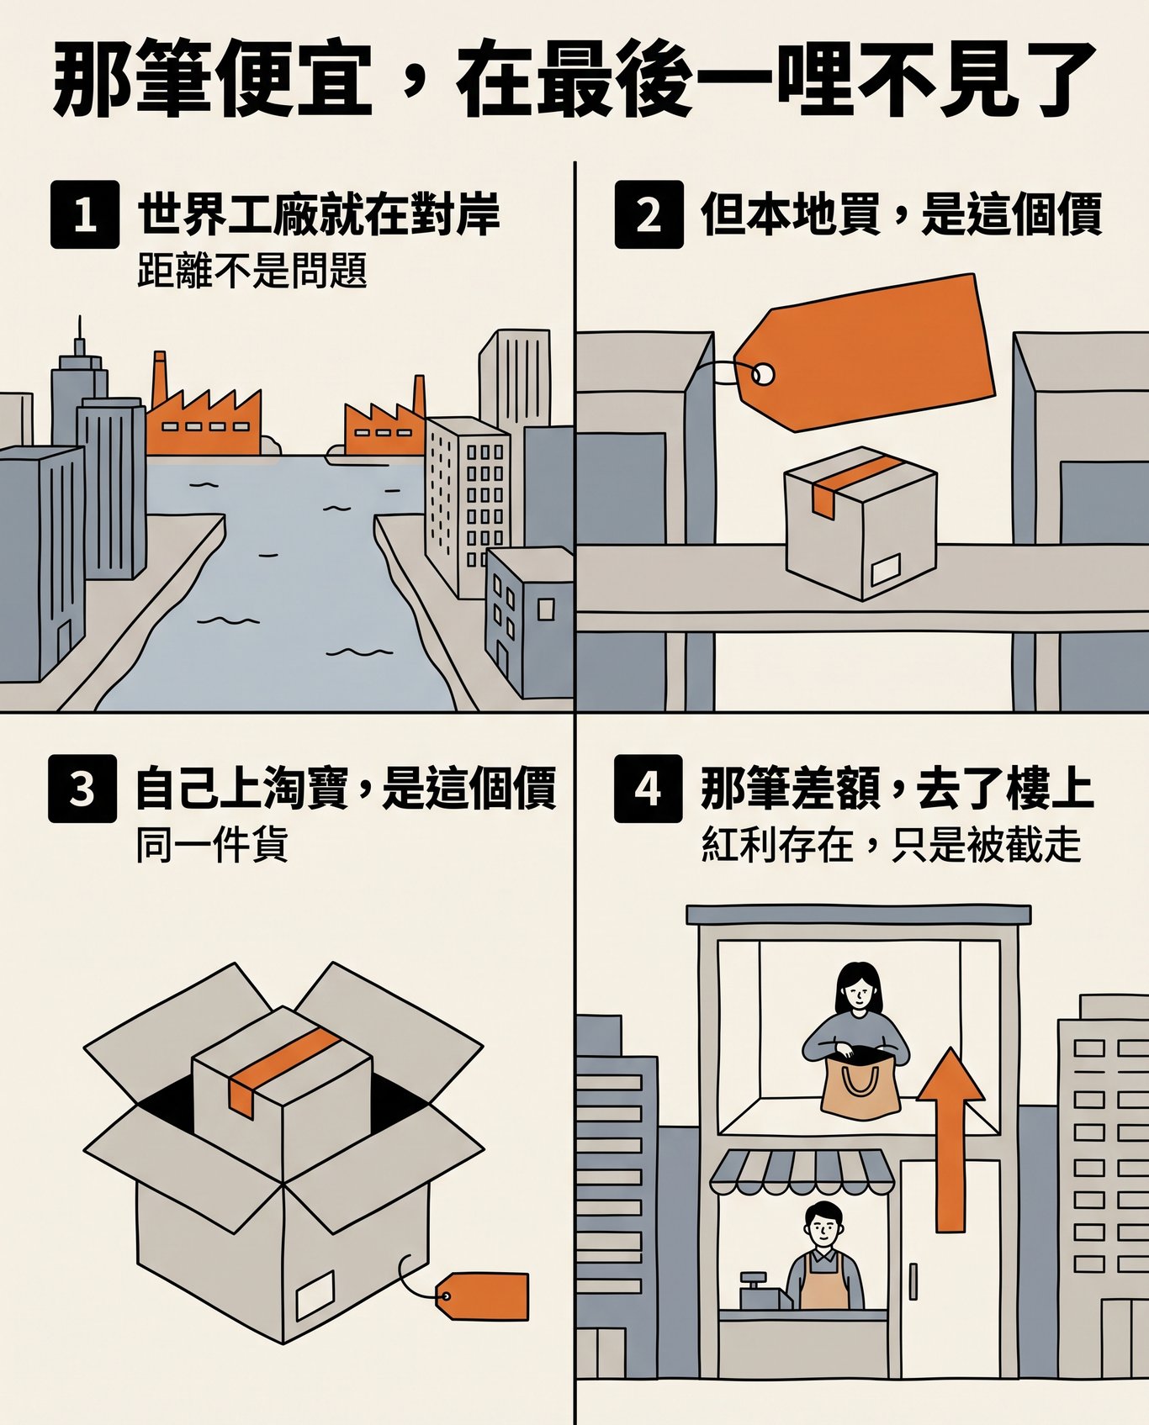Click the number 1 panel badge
tap(85, 214)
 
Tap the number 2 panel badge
tap(649, 214)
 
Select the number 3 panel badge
tap(82, 788)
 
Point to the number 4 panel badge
tap(649, 788)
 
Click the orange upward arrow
tap(950, 1140)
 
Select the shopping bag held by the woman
tap(860, 1087)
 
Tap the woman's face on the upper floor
tap(856, 993)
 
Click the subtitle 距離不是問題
tap(252, 272)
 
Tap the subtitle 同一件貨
tap(213, 844)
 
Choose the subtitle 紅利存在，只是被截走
tap(891, 844)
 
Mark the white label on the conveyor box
tap(886, 569)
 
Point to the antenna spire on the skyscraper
tap(80, 335)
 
